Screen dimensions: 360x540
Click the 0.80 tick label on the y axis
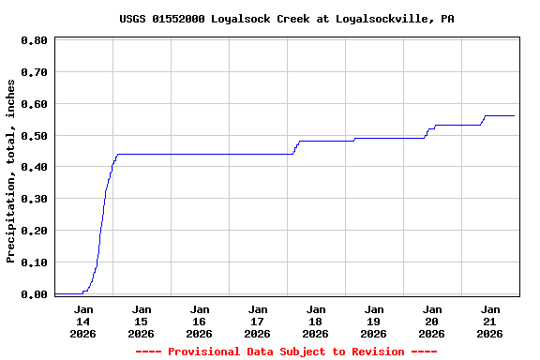coord(35,40)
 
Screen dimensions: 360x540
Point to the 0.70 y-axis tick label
coord(35,72)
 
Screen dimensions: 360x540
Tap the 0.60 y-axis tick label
coord(35,104)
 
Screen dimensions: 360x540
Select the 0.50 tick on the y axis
coord(35,136)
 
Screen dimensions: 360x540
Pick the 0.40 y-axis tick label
coord(35,167)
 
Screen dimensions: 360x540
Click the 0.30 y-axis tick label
coord(35,199)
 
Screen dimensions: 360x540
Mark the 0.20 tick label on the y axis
coord(35,231)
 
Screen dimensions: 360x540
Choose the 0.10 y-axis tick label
coord(35,262)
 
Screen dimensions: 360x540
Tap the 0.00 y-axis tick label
coord(35,294)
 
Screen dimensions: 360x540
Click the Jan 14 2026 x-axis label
coord(83,321)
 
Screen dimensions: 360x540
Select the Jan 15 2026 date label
coord(142,321)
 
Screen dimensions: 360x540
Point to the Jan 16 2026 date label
coord(200,321)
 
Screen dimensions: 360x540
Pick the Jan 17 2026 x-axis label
coord(258,321)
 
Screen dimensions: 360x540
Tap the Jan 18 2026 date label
coord(316,321)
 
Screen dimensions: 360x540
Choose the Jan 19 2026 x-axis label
coord(374,321)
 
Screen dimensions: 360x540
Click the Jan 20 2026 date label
coord(432,321)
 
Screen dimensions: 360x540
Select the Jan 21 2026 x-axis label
coord(490,321)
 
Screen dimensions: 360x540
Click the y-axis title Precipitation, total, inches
coord(11,171)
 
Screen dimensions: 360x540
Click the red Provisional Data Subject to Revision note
coord(286,352)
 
